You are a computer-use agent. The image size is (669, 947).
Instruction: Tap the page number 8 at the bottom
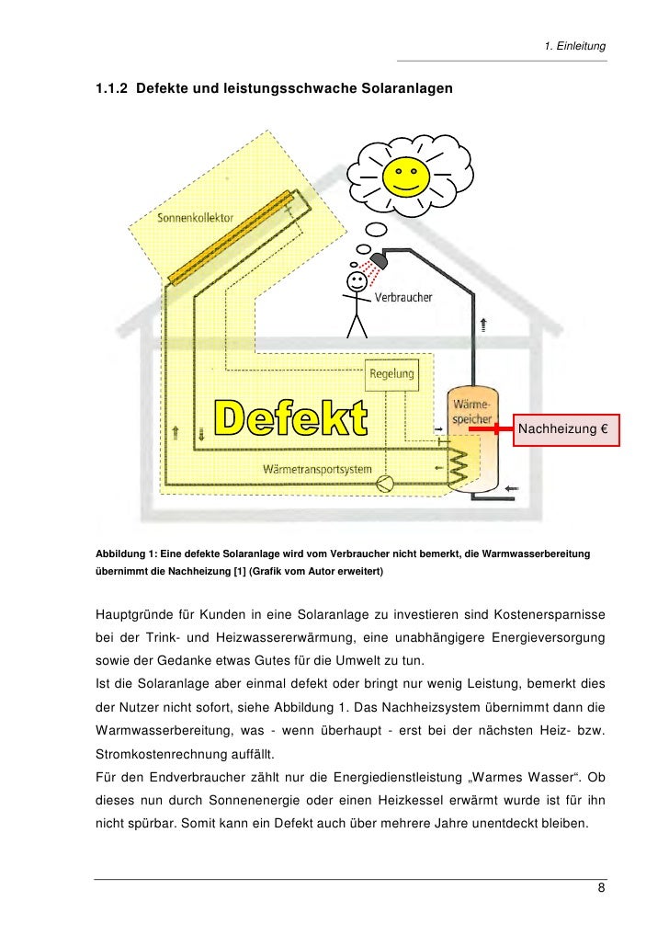tap(601, 887)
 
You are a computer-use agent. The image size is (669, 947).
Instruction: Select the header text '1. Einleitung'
tap(575, 46)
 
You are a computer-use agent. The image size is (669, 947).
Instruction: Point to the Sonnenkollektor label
tap(196, 219)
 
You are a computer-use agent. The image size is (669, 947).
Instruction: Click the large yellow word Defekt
tap(291, 418)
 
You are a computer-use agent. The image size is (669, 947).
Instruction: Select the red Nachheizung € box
tap(568, 429)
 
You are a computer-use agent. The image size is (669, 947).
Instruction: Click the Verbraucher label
tap(403, 298)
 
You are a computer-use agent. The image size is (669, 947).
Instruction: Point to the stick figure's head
tap(356, 280)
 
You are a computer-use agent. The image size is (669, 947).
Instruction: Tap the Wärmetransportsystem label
tap(317, 469)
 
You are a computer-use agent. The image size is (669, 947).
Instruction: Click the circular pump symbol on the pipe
tap(390, 482)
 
